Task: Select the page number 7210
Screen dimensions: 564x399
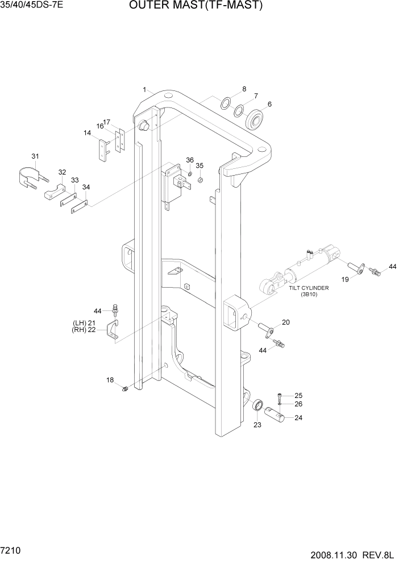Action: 13,551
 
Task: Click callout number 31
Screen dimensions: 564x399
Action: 35,156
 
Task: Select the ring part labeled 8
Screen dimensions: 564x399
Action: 226,103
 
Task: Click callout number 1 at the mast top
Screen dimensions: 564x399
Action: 145,89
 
